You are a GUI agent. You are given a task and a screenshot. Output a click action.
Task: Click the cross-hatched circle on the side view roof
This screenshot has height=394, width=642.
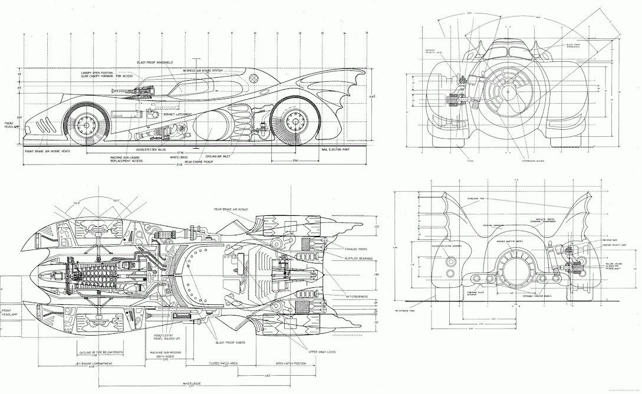[x=253, y=77]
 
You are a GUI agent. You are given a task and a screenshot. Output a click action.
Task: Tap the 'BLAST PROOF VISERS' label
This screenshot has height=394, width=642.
[x=232, y=342]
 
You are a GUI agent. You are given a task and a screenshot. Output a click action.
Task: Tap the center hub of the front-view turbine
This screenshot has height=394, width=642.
[x=506, y=92]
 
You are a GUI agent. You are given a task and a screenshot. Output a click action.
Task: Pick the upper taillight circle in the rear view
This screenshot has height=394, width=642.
[x=452, y=261]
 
